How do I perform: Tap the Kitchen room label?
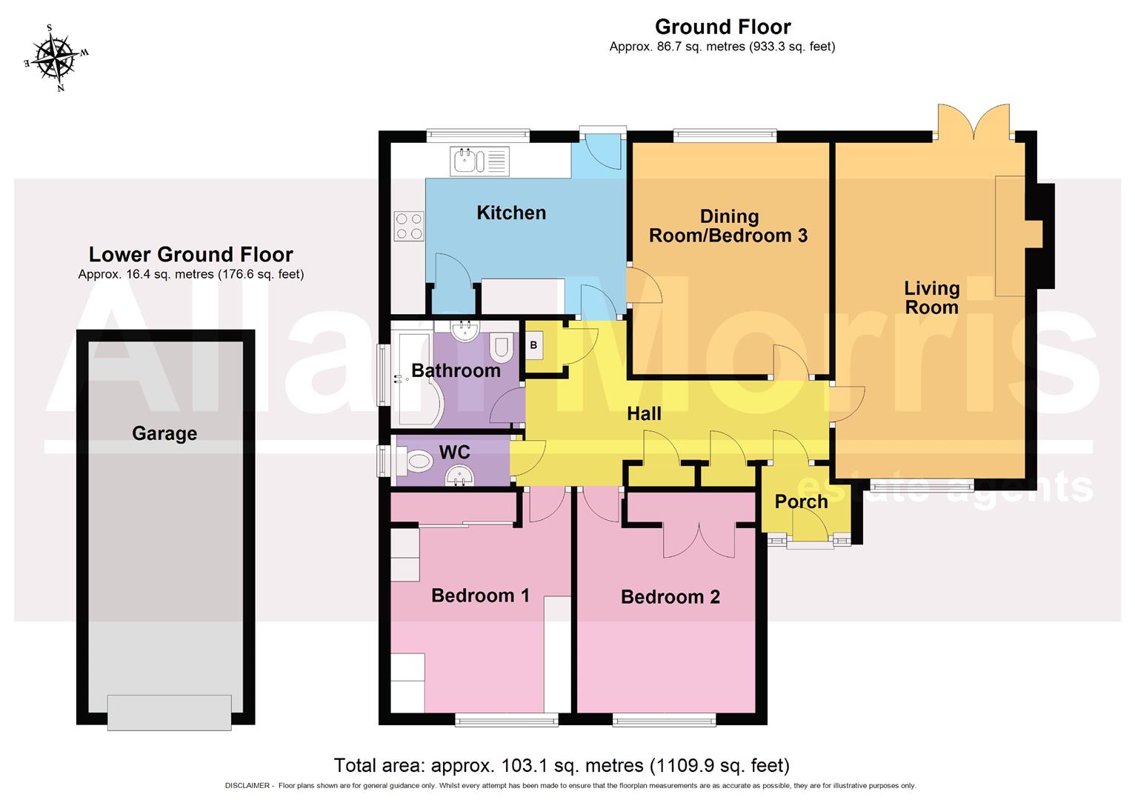(511, 213)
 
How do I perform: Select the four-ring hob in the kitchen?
(409, 226)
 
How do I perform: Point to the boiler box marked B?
(533, 346)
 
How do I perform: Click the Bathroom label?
(456, 370)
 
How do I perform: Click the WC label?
(454, 452)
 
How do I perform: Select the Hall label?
(644, 414)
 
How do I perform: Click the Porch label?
(801, 501)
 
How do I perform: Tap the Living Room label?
(931, 298)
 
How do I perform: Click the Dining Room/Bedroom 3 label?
(729, 227)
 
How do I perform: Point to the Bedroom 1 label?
(480, 596)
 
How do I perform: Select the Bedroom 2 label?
(670, 597)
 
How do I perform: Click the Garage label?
(164, 433)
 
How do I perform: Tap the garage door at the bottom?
(169, 712)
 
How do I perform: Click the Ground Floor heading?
(722, 27)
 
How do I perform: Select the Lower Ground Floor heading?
(191, 255)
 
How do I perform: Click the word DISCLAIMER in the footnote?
(247, 786)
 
